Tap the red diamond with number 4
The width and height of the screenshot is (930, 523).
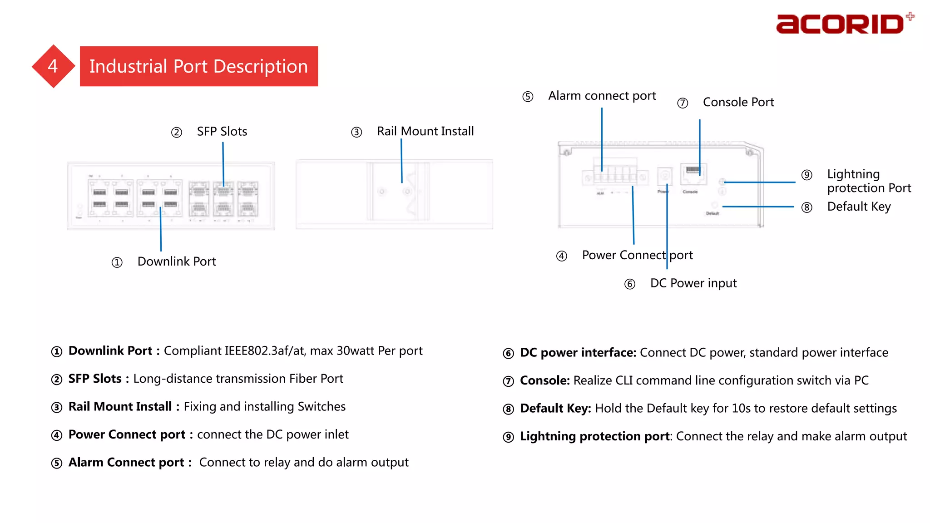click(53, 66)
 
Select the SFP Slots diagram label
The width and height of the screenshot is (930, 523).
click(222, 132)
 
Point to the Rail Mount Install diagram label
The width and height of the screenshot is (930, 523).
click(425, 131)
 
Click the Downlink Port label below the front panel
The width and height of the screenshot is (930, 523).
click(177, 261)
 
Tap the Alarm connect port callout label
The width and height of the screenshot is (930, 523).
click(602, 96)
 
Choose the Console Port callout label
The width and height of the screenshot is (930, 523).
click(738, 102)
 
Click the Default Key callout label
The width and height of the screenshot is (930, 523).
click(859, 207)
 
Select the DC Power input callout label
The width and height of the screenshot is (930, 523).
click(693, 283)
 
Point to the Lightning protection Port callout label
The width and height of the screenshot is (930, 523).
click(869, 181)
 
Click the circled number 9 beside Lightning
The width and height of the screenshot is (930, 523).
click(806, 175)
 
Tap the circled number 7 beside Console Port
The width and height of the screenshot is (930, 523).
click(683, 103)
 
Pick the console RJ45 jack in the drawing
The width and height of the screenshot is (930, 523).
click(693, 174)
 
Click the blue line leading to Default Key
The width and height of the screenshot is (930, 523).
click(758, 207)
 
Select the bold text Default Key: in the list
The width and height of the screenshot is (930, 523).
click(555, 409)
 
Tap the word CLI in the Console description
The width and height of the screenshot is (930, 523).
click(624, 380)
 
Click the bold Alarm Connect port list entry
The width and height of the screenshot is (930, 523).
click(126, 463)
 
